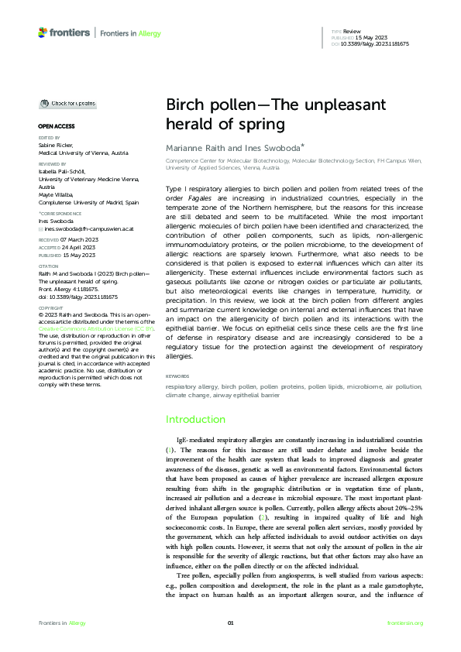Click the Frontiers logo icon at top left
(x=43, y=33)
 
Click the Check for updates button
(x=69, y=103)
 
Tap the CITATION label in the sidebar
(x=49, y=266)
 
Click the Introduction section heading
(x=196, y=419)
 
